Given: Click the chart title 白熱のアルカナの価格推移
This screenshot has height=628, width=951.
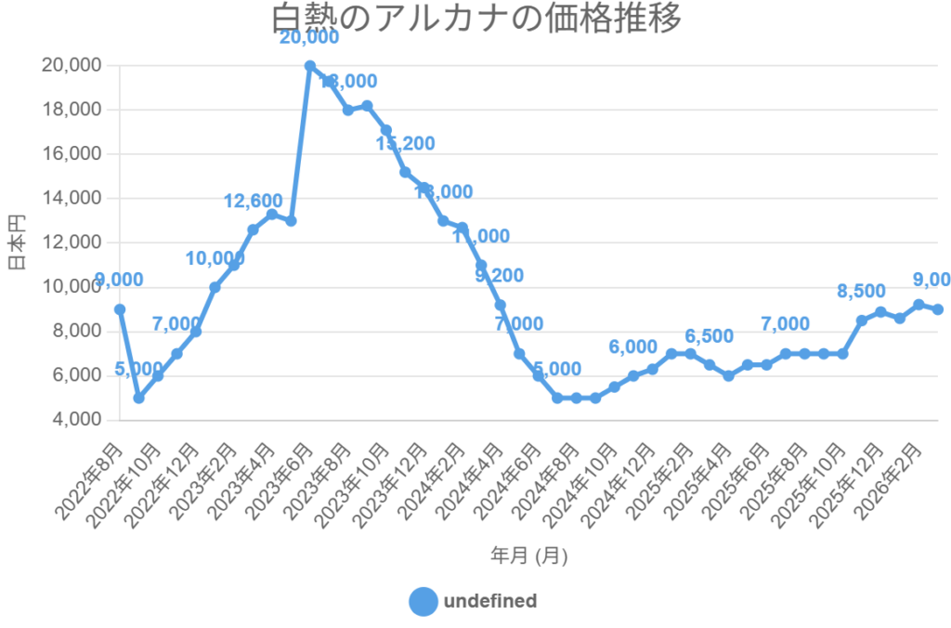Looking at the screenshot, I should tap(475, 19).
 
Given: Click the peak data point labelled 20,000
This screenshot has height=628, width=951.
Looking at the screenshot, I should tap(310, 66).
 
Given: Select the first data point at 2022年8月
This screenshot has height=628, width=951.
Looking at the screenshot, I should tap(120, 309).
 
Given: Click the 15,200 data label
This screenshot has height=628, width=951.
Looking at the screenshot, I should tap(405, 143).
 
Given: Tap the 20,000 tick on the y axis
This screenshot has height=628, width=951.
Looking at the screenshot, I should tap(72, 66).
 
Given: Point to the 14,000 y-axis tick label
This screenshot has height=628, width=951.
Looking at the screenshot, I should tap(72, 199).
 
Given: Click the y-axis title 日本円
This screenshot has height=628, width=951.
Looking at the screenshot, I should tap(17, 242).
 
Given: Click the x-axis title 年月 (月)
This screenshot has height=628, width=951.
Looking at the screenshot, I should tap(529, 556).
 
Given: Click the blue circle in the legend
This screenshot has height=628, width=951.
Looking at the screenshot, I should tap(423, 601).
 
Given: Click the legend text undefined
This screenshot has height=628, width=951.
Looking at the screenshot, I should tap(490, 601).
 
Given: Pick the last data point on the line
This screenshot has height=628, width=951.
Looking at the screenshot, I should tap(938, 309).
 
